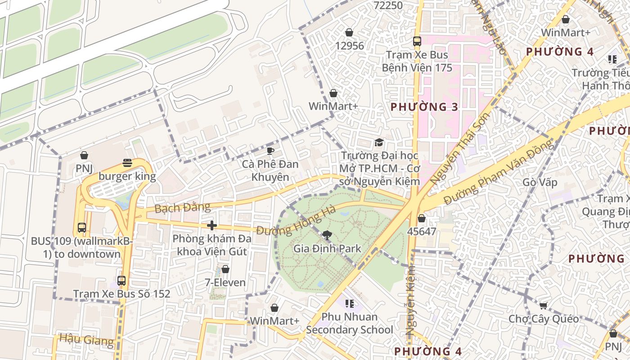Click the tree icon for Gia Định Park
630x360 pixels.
327,234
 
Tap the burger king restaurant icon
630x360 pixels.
127,163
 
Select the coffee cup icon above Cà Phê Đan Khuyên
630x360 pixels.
270,151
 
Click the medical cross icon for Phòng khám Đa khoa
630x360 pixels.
212,225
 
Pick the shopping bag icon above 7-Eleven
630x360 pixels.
225,269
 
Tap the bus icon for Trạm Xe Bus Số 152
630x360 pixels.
121,281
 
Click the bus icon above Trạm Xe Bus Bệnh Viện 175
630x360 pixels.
417,41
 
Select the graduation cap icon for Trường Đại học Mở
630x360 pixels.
379,143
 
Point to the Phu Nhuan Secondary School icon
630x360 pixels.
349,304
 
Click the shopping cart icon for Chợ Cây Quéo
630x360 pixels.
544,306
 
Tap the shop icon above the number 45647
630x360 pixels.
422,219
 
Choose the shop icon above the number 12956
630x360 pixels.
349,33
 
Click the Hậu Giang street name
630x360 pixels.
86,339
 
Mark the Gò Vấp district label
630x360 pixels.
540,183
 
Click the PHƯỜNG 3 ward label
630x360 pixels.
424,107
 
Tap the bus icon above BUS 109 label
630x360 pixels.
81,228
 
